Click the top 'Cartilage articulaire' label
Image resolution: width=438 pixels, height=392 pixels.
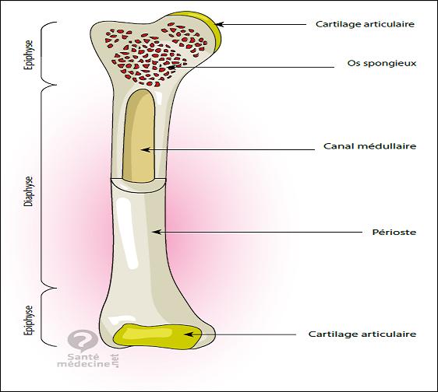(x=365, y=24)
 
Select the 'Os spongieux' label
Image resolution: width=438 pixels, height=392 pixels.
(x=382, y=63)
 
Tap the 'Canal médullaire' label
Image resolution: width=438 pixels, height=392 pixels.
(x=370, y=145)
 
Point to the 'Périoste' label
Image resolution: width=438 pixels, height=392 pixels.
(x=394, y=232)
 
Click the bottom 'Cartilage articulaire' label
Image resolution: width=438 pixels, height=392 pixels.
(x=362, y=334)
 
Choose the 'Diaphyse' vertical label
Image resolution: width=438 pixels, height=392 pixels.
(x=29, y=191)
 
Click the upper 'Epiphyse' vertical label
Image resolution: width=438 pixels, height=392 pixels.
(x=29, y=54)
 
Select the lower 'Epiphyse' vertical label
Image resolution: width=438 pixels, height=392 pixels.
(x=29, y=320)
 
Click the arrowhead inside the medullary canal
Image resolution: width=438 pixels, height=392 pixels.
(x=145, y=149)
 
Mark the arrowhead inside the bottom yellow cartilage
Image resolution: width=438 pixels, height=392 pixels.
(x=189, y=334)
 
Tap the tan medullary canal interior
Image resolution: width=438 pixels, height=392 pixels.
(x=139, y=137)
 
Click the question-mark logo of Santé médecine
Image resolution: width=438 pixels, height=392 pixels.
(x=83, y=341)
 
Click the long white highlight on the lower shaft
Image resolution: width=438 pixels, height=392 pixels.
(x=126, y=232)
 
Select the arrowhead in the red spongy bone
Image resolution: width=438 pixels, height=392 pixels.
(x=171, y=67)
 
